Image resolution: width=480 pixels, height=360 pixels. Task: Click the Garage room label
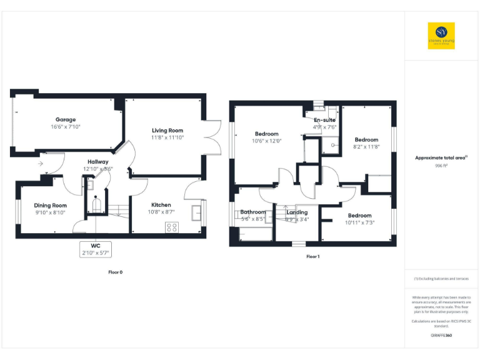tap(66, 119)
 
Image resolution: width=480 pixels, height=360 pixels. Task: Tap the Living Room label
tap(167, 130)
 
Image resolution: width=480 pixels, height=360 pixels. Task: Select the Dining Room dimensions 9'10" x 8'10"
tap(50, 212)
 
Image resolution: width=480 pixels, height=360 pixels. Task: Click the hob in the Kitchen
tap(171, 227)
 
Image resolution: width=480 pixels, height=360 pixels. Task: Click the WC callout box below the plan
tap(95, 249)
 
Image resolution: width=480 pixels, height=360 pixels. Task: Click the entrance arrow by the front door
tap(41, 164)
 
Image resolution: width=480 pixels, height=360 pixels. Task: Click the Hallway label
tap(97, 162)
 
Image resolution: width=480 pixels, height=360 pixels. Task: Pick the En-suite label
tap(324, 119)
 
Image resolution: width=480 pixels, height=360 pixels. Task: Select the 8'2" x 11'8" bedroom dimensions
tap(366, 147)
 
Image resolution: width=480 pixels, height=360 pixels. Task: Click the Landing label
tap(297, 212)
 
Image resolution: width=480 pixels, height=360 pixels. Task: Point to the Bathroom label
tap(253, 212)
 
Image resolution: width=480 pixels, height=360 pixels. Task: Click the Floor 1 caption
tap(312, 257)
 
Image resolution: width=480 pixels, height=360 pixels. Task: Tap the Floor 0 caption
tap(116, 272)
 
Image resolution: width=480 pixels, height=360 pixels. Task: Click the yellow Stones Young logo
tap(441, 36)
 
